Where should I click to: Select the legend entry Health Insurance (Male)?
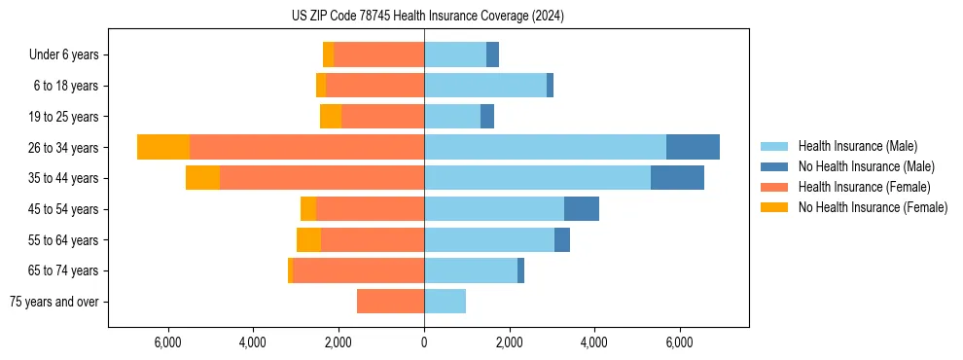click(x=857, y=146)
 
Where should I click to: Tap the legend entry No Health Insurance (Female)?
click(x=873, y=207)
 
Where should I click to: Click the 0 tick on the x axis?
click(x=424, y=342)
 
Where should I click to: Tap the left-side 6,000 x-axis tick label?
click(x=168, y=342)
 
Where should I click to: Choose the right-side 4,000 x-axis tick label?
click(x=594, y=342)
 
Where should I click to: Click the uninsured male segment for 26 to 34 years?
click(x=693, y=147)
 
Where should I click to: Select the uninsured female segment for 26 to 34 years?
click(x=163, y=147)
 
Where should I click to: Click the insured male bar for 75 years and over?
click(x=445, y=302)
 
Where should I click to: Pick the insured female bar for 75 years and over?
click(x=390, y=302)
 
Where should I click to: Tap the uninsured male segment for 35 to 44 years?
click(x=677, y=178)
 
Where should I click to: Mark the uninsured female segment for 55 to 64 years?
click(x=308, y=239)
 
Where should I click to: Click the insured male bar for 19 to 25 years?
click(x=452, y=117)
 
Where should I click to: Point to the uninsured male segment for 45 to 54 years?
click(x=582, y=209)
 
